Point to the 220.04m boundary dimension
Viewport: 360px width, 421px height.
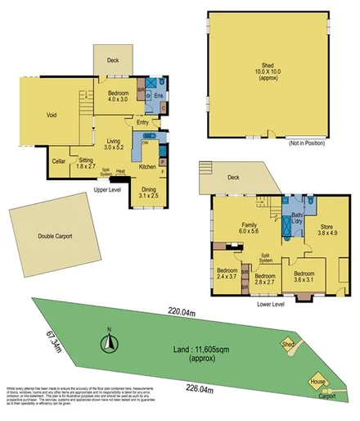[183, 310]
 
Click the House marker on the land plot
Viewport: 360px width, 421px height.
[316, 382]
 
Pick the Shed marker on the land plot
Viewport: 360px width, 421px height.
[287, 345]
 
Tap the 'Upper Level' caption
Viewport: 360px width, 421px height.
[108, 189]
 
